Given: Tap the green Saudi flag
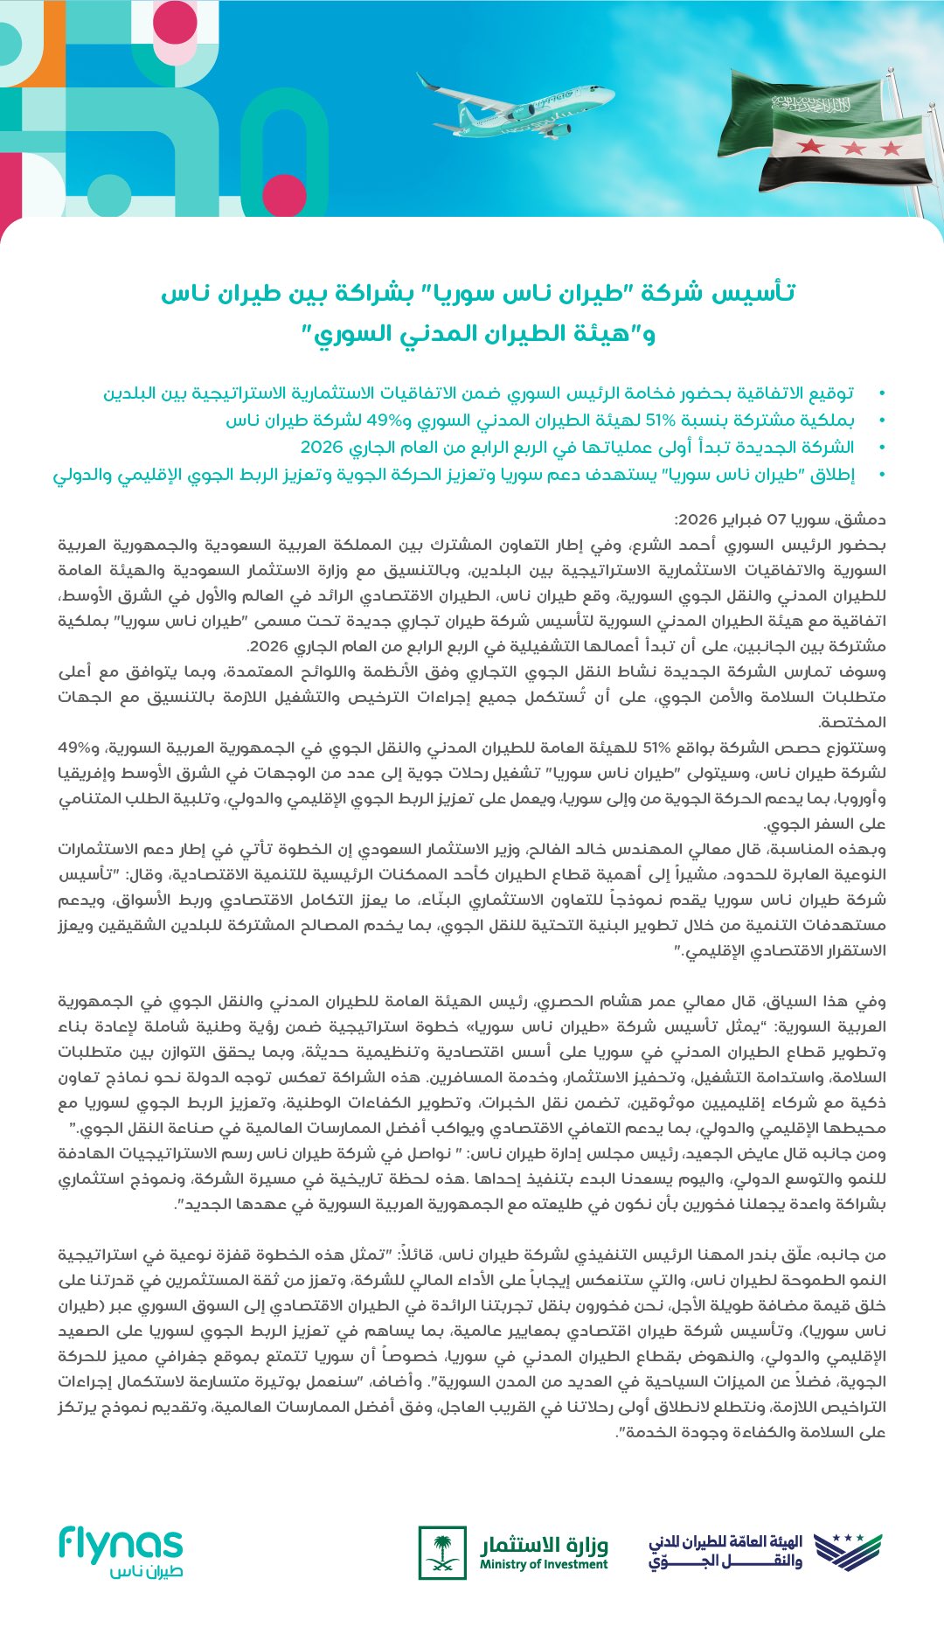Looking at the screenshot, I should tap(813, 109).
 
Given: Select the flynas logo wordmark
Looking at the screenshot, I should tap(121, 1545).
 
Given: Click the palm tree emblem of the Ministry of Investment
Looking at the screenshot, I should tap(442, 1552).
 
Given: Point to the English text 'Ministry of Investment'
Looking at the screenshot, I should tap(543, 1564).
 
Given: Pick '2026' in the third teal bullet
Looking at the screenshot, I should tap(318, 448).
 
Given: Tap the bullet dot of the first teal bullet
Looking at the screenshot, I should tap(881, 393).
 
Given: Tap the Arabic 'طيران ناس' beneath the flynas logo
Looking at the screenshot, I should tap(146, 1571).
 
